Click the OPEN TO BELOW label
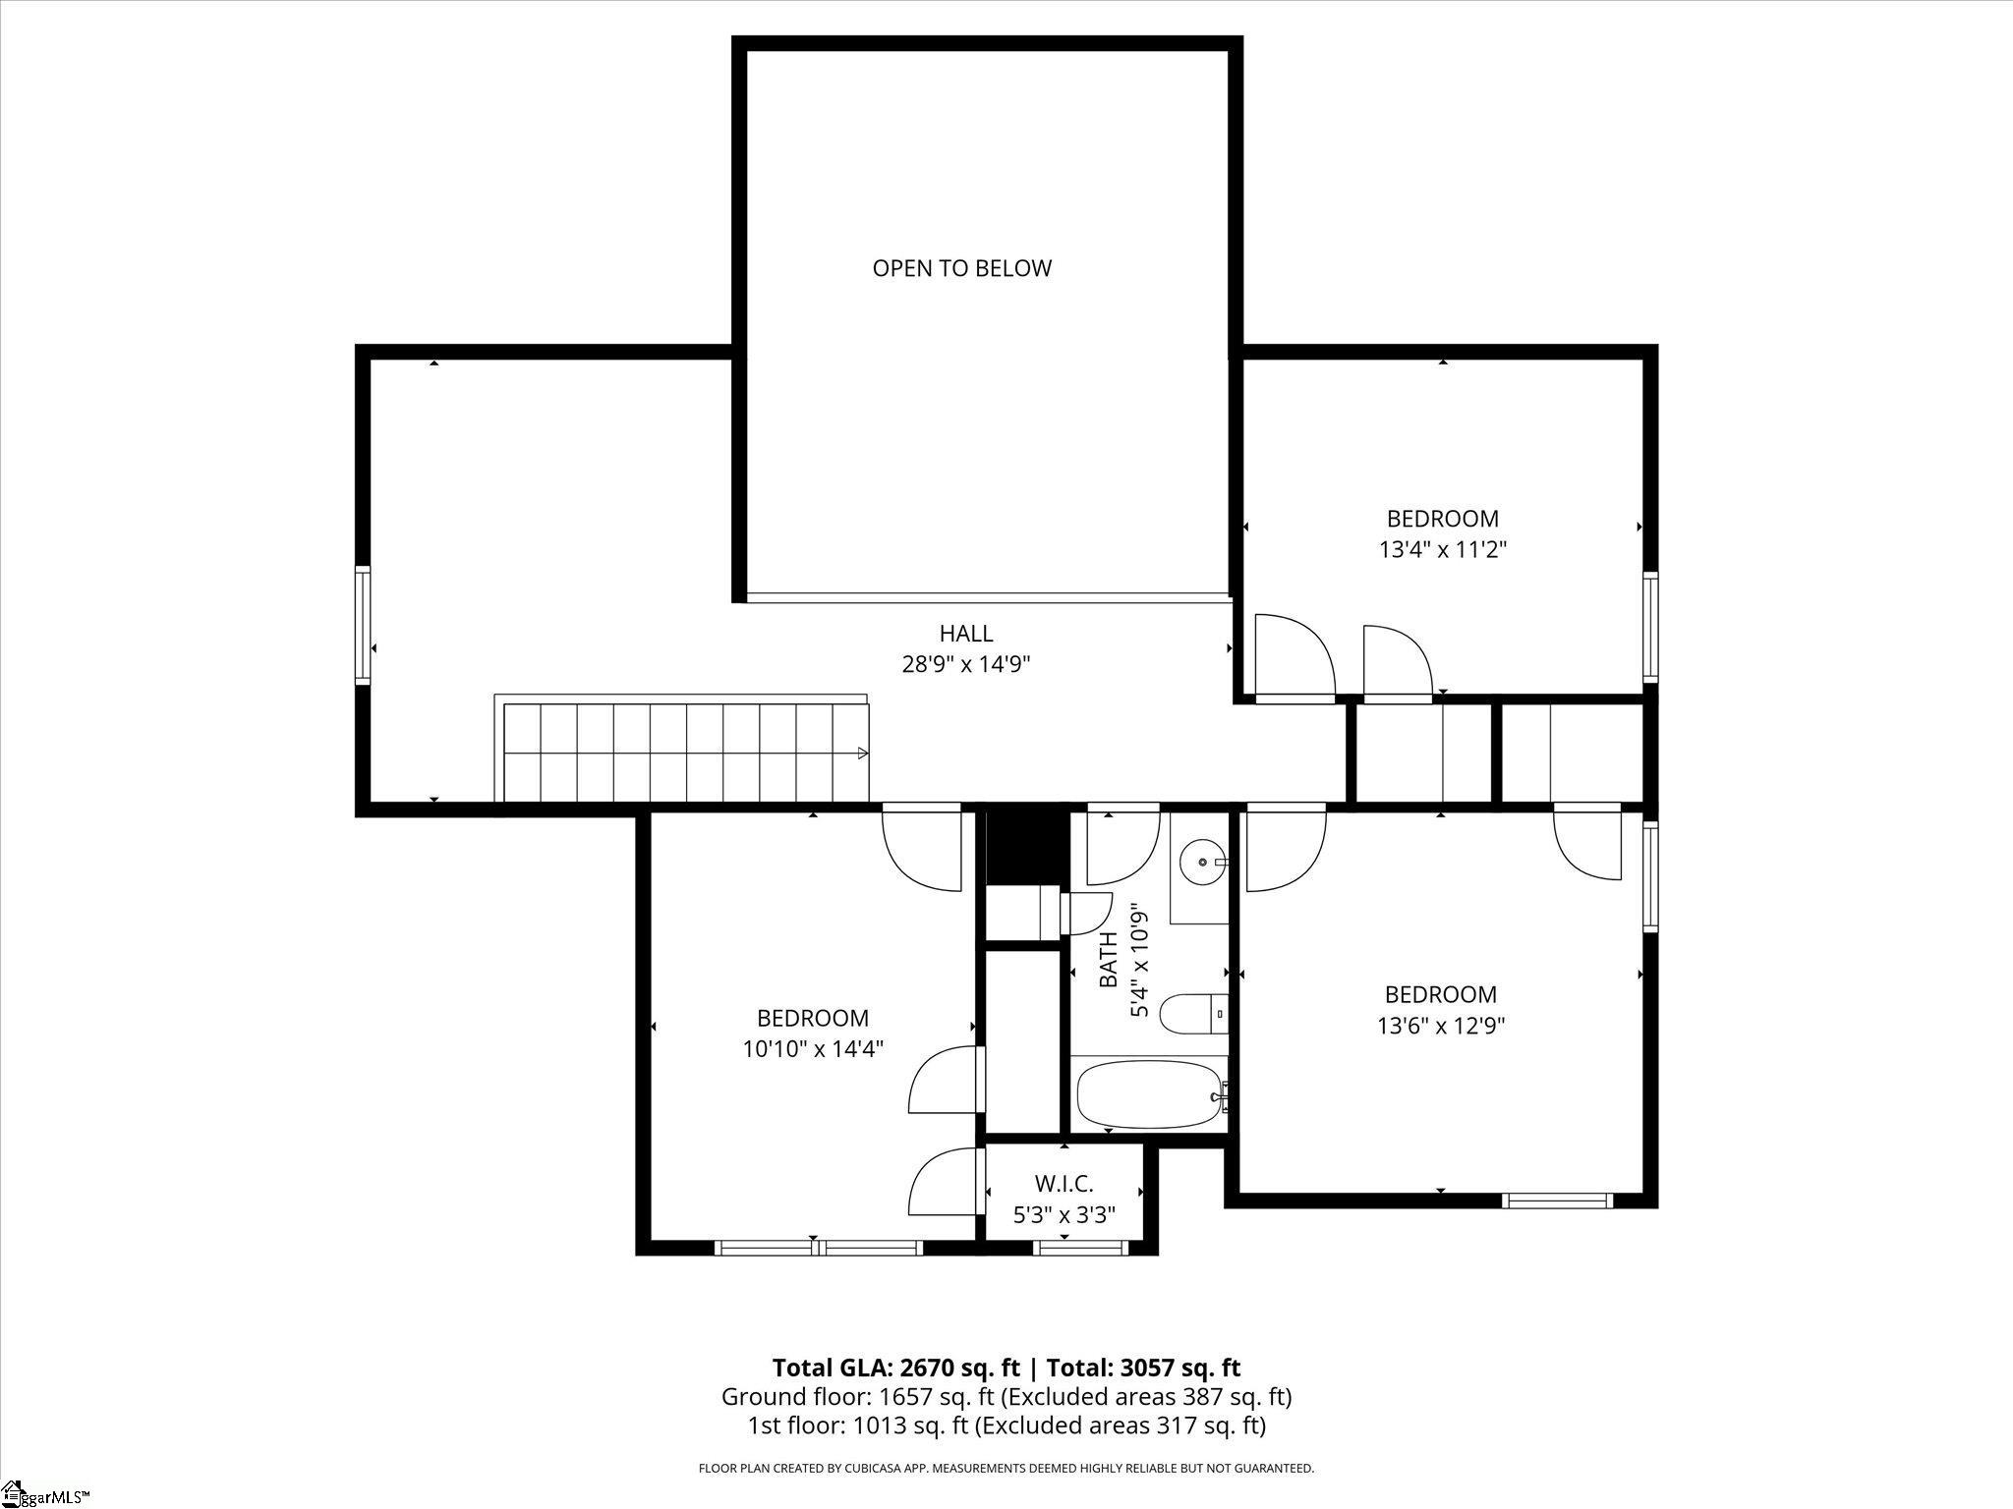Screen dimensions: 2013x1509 pyautogui.click(x=961, y=268)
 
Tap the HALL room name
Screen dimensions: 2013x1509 pyautogui.click(x=966, y=634)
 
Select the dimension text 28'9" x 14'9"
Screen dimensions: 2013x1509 pyautogui.click(x=966, y=665)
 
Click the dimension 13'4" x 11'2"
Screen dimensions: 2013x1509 pyautogui.click(x=1443, y=549)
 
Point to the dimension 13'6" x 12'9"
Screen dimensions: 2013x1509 pyautogui.click(x=1441, y=1026)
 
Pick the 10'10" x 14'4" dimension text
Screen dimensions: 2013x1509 pyautogui.click(x=813, y=1049)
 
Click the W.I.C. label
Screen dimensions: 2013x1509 pyautogui.click(x=1064, y=1184)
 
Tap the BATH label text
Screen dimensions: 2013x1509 pyautogui.click(x=1108, y=960)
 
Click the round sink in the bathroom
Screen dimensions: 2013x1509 pyautogui.click(x=1202, y=862)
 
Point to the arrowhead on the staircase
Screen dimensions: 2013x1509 pyautogui.click(x=863, y=754)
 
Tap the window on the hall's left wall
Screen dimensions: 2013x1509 pyautogui.click(x=363, y=625)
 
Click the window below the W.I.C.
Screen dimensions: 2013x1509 pyautogui.click(x=1078, y=1248)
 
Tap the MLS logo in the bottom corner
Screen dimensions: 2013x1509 pyautogui.click(x=45, y=1495)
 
